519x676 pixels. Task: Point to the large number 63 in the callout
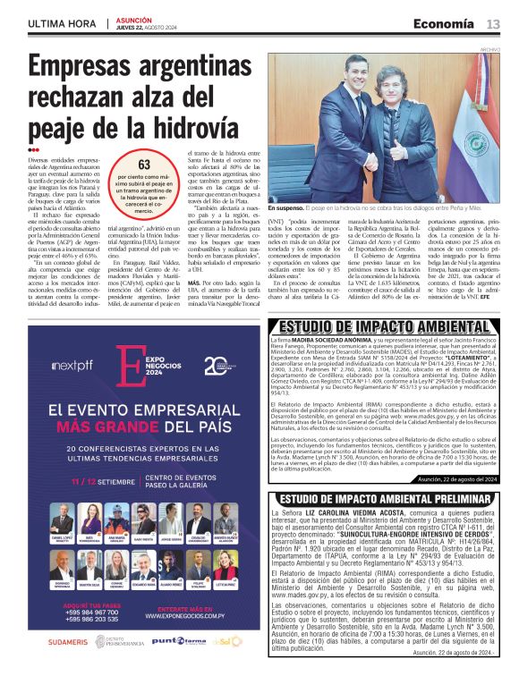pyautogui.click(x=143, y=165)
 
